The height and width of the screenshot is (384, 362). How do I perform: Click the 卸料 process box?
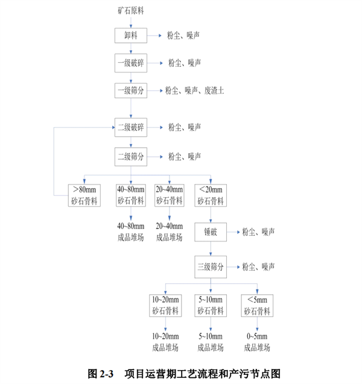[x=131, y=36]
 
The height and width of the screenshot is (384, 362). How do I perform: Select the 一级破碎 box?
[x=131, y=63]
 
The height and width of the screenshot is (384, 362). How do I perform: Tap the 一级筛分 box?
[x=131, y=90]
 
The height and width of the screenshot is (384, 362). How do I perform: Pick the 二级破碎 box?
[x=131, y=127]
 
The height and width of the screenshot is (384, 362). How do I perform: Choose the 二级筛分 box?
[x=131, y=157]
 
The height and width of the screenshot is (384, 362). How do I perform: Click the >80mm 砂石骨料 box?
[x=84, y=195]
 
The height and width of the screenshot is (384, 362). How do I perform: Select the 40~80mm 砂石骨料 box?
[x=131, y=195]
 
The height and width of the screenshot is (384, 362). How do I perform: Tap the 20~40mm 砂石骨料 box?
[x=170, y=195]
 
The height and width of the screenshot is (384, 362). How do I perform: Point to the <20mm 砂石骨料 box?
[x=211, y=195]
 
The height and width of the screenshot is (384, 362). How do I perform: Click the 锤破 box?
[x=211, y=232]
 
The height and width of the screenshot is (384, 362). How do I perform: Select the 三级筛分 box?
[x=211, y=267]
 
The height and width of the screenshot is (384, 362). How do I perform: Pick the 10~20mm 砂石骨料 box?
[x=165, y=306]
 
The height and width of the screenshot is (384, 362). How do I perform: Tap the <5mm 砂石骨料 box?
[x=257, y=306]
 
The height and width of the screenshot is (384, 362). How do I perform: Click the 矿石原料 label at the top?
[x=131, y=10]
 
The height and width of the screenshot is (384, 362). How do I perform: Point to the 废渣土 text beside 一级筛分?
[x=214, y=90]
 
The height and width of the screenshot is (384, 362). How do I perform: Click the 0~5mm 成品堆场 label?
[x=257, y=342]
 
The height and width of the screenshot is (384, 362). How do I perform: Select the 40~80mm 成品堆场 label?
[x=131, y=231]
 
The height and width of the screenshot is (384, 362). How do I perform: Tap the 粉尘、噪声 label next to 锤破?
[x=258, y=232]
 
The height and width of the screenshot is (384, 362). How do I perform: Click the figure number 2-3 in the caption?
[x=107, y=374]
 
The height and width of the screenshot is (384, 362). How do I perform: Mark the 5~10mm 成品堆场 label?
[x=211, y=342]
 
